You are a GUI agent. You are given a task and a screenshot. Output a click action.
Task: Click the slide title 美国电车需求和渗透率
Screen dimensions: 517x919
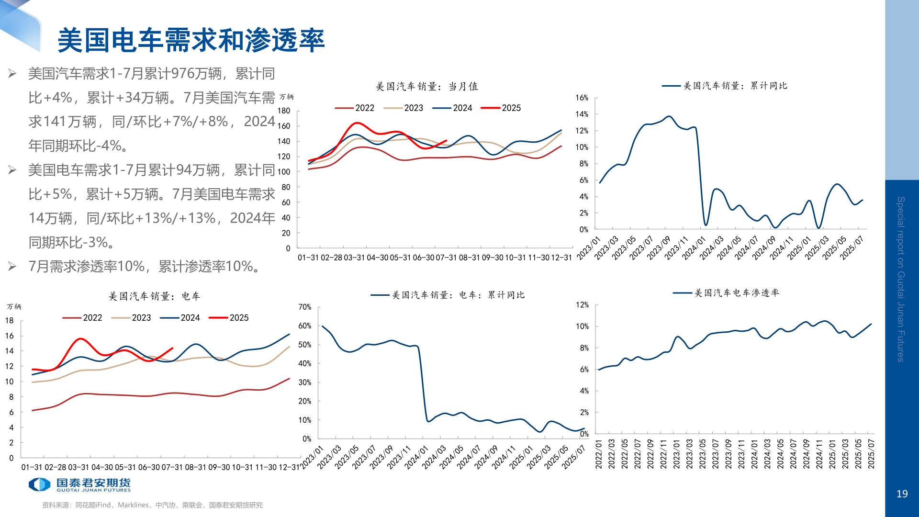click(x=191, y=40)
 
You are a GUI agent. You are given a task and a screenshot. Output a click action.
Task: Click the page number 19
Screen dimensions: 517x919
click(x=902, y=494)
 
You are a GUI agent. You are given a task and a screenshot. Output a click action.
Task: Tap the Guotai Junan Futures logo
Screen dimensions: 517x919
click(x=79, y=484)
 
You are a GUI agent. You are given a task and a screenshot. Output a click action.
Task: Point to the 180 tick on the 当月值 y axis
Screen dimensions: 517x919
click(x=284, y=111)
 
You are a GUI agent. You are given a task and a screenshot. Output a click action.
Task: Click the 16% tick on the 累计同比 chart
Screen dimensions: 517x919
click(x=582, y=98)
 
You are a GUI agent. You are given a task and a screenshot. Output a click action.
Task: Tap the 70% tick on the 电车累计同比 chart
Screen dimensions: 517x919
click(x=305, y=307)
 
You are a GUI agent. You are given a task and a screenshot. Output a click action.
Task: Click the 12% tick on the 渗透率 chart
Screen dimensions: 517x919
click(x=582, y=304)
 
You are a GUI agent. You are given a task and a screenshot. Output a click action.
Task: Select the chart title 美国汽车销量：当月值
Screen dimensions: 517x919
click(x=427, y=87)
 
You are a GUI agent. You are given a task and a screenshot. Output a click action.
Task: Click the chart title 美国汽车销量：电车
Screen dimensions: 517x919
click(x=154, y=296)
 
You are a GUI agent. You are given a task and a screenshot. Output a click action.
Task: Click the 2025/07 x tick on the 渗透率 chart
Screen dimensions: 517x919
click(x=871, y=454)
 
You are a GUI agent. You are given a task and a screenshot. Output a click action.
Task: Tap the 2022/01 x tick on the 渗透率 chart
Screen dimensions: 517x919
click(x=599, y=454)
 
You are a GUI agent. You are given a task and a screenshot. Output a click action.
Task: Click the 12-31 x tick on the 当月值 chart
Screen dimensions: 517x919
click(x=561, y=258)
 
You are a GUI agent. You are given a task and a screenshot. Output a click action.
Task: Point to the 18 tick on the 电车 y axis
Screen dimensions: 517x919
click(x=10, y=320)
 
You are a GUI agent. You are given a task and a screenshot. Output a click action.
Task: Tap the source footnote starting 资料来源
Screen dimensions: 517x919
click(x=152, y=505)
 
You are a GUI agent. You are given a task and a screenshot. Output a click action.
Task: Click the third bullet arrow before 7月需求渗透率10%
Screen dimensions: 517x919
click(x=12, y=266)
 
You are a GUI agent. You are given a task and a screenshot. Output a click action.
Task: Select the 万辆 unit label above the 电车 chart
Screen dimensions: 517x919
click(x=14, y=306)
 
